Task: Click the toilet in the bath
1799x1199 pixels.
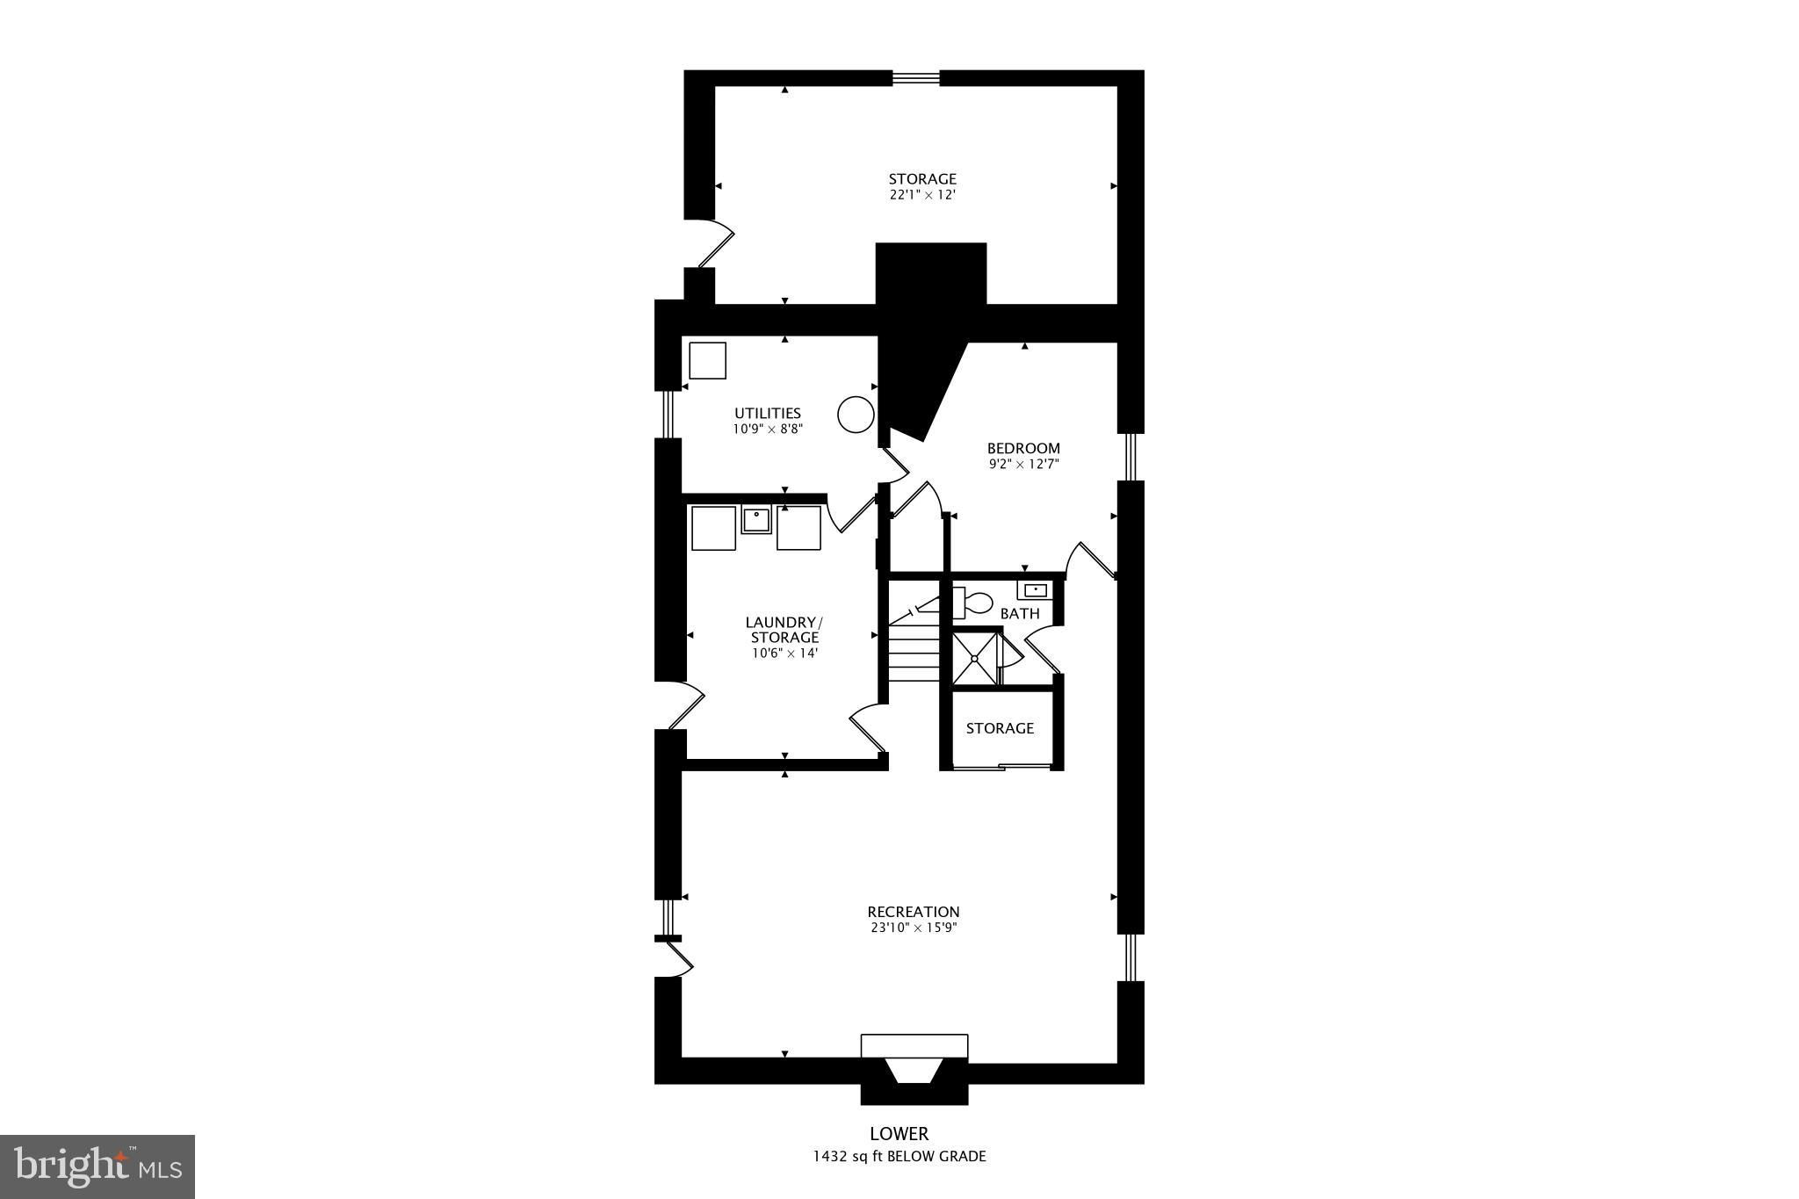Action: point(973,603)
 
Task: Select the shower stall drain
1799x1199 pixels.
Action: point(974,658)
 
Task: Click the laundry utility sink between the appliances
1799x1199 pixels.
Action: point(755,520)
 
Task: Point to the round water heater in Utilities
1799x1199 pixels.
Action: point(856,415)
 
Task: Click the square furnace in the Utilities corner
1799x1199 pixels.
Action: point(707,360)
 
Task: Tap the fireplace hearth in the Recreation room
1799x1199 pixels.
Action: point(914,1046)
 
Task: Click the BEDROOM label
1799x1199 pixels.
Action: point(1023,448)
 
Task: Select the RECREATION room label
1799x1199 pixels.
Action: point(914,912)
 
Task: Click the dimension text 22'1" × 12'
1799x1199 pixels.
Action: point(922,195)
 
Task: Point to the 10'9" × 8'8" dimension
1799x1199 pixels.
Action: point(768,429)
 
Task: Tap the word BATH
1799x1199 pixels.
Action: point(1020,614)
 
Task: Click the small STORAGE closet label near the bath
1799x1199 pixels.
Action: point(1000,728)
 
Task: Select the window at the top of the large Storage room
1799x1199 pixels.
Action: point(916,78)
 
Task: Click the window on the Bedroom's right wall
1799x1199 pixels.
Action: point(1131,457)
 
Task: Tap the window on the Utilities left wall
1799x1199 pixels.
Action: point(668,414)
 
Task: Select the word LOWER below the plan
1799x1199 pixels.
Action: point(899,1134)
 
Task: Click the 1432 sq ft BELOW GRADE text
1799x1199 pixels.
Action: point(899,1156)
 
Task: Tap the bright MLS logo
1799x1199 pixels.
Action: point(98,1166)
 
